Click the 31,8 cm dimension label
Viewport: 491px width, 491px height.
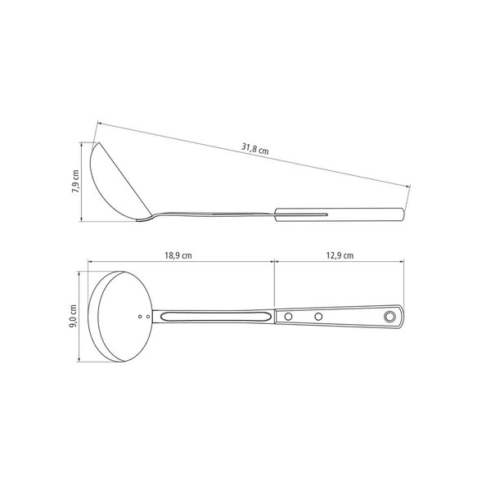pyautogui.click(x=255, y=148)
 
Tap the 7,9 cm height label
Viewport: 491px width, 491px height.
pyautogui.click(x=75, y=182)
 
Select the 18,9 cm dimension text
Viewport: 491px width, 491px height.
pyautogui.click(x=178, y=255)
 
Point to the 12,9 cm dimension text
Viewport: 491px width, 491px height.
pyautogui.click(x=340, y=255)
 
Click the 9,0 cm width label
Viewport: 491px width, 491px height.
pyautogui.click(x=73, y=316)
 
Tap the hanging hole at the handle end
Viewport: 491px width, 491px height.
pyautogui.click(x=390, y=317)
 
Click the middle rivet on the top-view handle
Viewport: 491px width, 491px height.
pyautogui.click(x=318, y=317)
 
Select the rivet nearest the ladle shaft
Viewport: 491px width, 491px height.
pyautogui.click(x=288, y=317)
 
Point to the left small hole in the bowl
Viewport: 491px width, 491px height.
pyautogui.click(x=140, y=317)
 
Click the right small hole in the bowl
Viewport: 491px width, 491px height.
pyautogui.click(x=148, y=317)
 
